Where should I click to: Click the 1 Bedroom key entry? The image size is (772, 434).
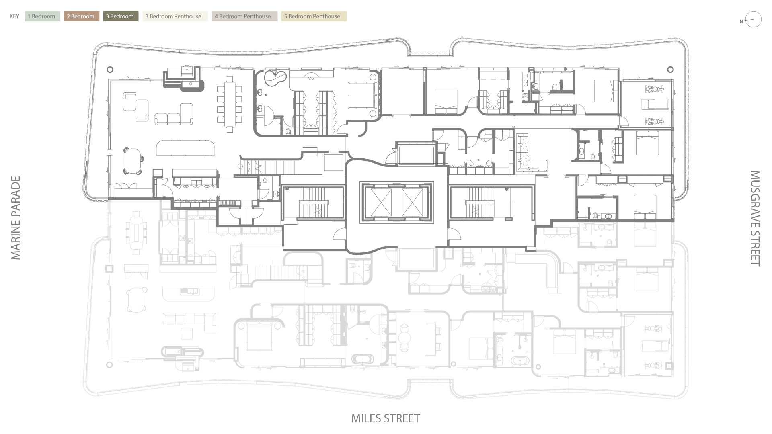pos(42,16)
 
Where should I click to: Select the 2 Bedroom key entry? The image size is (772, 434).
pos(81,16)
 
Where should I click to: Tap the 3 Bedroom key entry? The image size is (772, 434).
pos(121,16)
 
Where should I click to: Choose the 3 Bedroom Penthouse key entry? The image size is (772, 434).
pos(175,16)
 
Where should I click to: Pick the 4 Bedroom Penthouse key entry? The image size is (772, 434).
pos(244,16)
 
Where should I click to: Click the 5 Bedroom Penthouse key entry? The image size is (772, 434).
pos(314,16)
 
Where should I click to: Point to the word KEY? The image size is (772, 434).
pos(14,16)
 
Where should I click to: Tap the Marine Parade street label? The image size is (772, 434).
pos(15,218)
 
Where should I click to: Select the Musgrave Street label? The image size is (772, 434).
pos(755,219)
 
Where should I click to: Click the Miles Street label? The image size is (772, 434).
pos(386,418)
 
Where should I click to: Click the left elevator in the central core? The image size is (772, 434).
pos(381,202)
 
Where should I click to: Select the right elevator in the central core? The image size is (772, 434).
pos(413,202)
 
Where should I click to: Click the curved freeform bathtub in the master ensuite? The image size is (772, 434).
pos(275,78)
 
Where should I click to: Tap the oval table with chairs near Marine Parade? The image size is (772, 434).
pos(133,161)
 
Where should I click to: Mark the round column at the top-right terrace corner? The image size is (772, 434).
pos(670,70)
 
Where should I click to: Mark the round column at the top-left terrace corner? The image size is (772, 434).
pos(110,70)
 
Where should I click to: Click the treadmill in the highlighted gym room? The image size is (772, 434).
pos(655,104)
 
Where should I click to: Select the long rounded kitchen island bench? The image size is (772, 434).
pos(185,147)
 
